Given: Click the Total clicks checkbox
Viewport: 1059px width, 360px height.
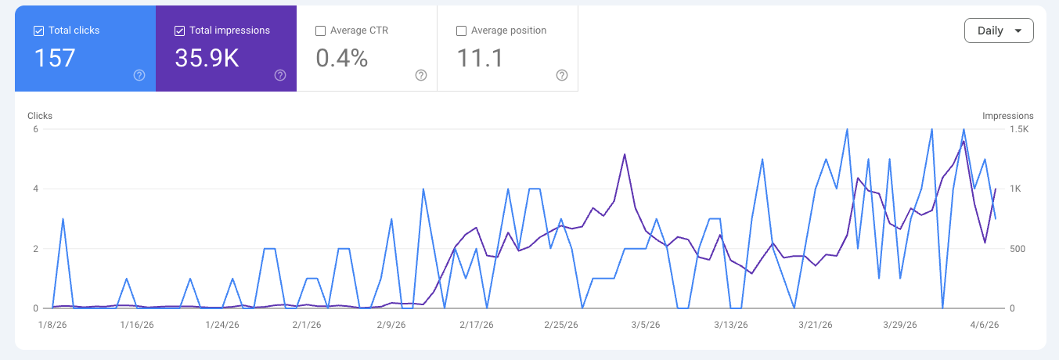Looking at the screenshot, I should tap(38, 31).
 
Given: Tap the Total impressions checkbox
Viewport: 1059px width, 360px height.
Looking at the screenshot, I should tap(179, 31).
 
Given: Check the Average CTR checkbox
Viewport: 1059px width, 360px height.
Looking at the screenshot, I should tap(320, 31).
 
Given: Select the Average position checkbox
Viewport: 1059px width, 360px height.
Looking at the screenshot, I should tap(461, 31).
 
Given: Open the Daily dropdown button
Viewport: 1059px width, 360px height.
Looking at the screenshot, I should tap(999, 31).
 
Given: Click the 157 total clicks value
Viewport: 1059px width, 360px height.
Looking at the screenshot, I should tap(55, 59).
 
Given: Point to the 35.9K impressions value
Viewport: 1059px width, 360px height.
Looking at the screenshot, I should tap(207, 59).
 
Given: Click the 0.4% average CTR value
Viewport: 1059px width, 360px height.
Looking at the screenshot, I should tap(341, 59).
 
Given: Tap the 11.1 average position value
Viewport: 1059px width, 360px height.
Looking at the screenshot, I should tap(480, 59).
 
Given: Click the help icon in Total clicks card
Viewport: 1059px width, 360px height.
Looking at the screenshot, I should tap(139, 75).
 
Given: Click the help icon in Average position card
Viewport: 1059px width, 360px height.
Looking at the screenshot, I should tap(562, 75).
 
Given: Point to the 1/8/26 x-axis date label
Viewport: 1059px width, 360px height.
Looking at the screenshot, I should tap(52, 324).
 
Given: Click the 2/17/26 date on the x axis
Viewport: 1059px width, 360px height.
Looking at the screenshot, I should tap(476, 324).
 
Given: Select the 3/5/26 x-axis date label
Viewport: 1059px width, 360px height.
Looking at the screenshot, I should tap(646, 324).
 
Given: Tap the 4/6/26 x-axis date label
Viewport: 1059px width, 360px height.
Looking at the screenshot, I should tap(984, 324).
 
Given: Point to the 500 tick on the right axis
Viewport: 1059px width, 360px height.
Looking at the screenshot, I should tap(1018, 249).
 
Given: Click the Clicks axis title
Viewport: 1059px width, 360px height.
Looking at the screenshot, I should tap(40, 116).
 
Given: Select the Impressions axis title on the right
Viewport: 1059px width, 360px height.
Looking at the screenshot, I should tap(1008, 116).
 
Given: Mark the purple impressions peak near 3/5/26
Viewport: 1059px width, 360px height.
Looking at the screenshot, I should tap(625, 154).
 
